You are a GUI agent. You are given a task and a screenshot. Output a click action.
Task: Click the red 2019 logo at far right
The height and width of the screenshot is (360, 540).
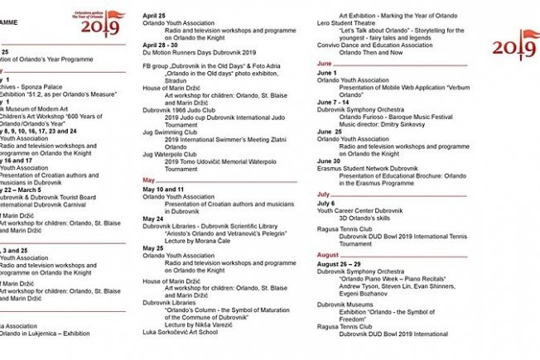coord(516,47)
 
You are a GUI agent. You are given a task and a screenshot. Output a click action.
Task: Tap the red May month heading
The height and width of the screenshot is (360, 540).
coord(149,180)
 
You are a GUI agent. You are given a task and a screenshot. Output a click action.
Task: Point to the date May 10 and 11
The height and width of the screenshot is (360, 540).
coord(164,189)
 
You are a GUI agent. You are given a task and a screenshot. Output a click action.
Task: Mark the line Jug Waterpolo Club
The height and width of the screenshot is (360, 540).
coord(176,153)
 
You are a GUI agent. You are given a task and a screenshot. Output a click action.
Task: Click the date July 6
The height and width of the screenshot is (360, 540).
coord(326,203)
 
